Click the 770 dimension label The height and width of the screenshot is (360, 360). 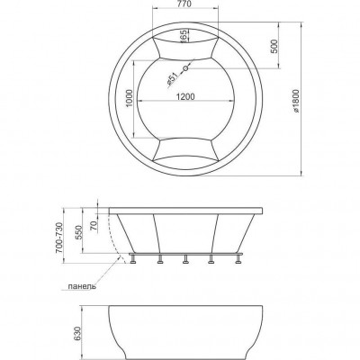185,4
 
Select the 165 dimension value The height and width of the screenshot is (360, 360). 185,35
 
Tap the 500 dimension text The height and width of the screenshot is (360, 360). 274,46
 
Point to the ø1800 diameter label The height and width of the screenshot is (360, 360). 296,101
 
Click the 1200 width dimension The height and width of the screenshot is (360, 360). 185,96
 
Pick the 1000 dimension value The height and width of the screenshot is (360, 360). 130,98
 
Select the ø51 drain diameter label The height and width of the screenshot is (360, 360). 172,79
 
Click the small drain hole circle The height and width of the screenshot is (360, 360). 185,68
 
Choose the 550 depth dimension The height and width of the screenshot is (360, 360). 77,231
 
